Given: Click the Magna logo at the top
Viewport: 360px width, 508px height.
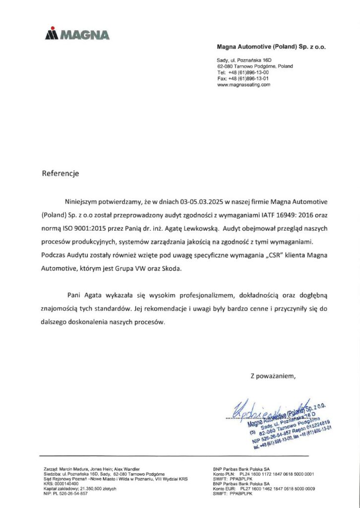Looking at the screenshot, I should [x=77, y=34].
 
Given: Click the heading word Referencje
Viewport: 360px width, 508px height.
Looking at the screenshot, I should [x=60, y=174].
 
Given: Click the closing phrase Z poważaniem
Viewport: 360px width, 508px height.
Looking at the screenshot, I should [x=273, y=376].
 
